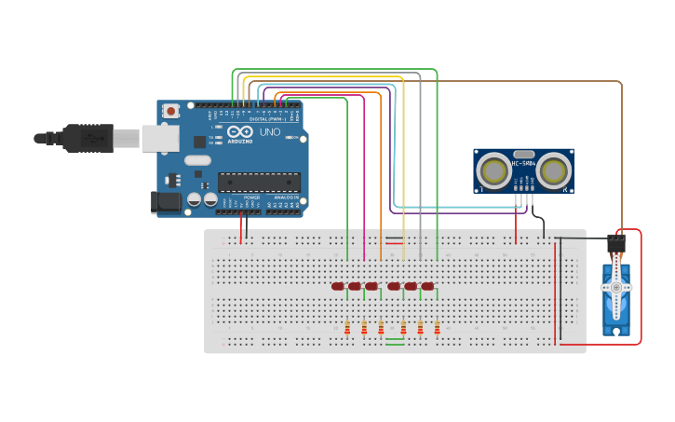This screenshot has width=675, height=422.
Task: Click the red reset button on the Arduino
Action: coord(170,111)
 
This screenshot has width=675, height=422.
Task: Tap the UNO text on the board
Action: coord(269,132)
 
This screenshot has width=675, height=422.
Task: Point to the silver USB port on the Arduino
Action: coord(159,139)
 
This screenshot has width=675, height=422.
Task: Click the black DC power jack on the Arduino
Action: coord(166,201)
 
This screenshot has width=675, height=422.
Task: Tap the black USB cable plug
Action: coord(88,138)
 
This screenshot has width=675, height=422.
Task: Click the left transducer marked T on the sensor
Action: coord(493,170)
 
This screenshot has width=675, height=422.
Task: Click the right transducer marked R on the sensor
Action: coord(555,170)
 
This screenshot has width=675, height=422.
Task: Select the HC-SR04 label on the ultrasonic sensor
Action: coord(523,165)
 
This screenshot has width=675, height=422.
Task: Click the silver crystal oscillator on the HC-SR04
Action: coord(523,154)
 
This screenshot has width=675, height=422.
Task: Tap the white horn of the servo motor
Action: coord(615,288)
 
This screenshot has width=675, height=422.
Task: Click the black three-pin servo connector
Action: coord(615,243)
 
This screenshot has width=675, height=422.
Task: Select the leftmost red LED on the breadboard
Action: coord(338,286)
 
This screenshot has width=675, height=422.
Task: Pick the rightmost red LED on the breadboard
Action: coord(427,286)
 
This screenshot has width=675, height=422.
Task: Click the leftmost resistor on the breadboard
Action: coord(347,327)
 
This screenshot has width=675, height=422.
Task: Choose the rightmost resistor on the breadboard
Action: coord(437,327)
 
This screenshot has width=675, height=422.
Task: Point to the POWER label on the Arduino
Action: coord(251,197)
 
